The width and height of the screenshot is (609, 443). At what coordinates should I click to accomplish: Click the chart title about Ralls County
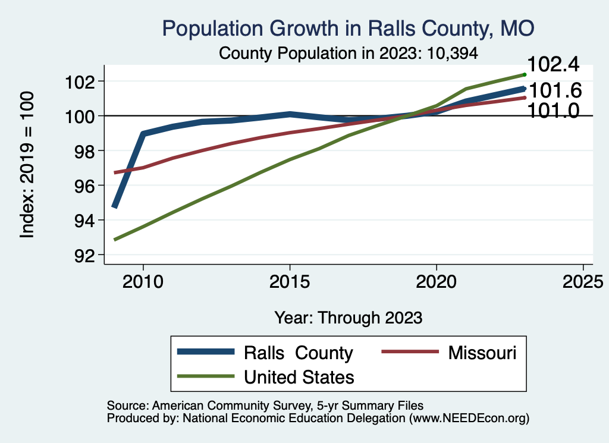[349, 28]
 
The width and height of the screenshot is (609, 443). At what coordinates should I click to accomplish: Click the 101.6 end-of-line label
[555, 91]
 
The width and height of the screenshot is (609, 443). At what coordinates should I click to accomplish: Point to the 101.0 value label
[555, 110]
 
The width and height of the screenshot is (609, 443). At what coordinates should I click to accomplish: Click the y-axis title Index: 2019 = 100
[27, 165]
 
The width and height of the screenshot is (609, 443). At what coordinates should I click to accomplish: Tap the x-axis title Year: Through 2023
[349, 318]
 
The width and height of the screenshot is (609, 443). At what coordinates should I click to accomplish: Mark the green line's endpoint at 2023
[525, 74]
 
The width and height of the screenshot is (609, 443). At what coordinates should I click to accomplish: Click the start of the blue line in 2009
[114, 206]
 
